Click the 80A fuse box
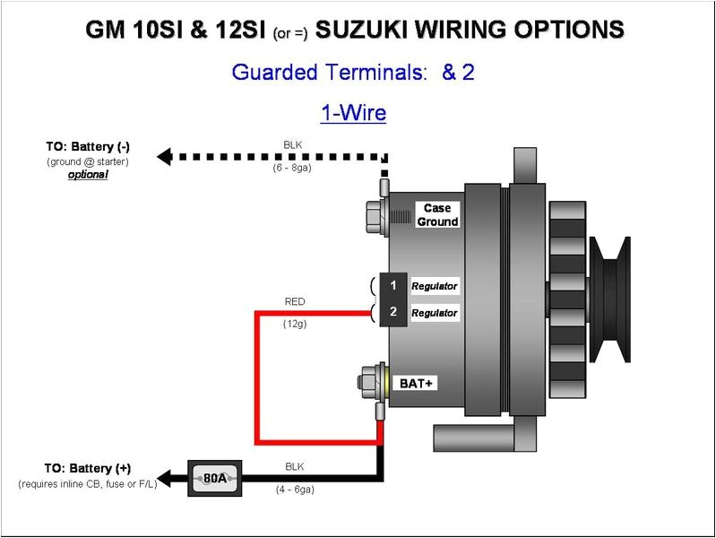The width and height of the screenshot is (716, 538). pos(214,478)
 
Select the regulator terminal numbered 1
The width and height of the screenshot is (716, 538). pos(393,286)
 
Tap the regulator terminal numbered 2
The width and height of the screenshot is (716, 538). pos(393,313)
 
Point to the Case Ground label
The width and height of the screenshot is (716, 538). pos(437,215)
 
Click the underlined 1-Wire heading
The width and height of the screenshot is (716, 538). pos(353,113)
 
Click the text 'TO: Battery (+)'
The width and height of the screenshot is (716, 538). pos(88,468)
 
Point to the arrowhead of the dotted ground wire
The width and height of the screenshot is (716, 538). pos(164,157)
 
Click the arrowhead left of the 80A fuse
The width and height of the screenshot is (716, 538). pos(164,477)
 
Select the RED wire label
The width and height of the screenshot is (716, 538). pos(295,301)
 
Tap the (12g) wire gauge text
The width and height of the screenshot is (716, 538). pos(295,324)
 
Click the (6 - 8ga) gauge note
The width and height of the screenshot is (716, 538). pos(292,169)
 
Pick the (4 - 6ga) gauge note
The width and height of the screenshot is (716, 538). pos(294,490)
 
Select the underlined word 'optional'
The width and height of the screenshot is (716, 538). pos(88,175)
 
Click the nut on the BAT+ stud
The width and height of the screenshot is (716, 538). pos(367,381)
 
